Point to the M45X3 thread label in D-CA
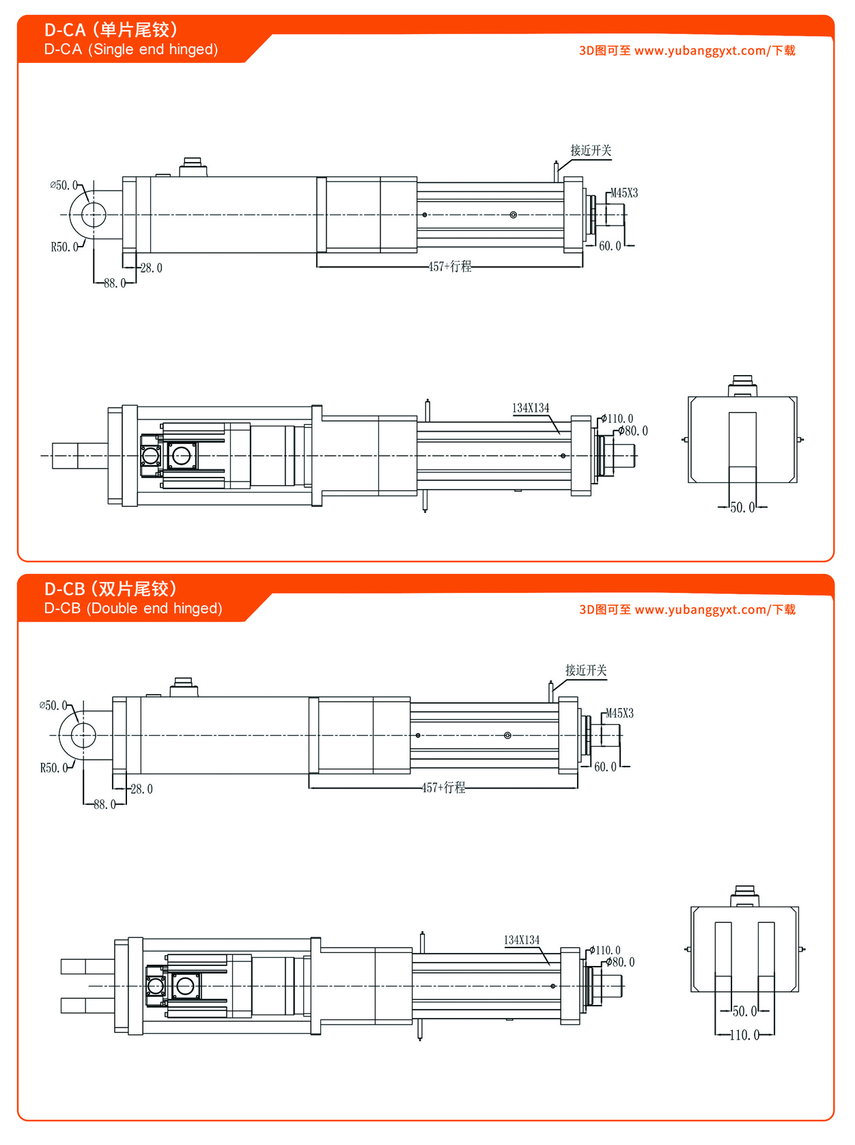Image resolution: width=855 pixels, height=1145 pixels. tap(624, 193)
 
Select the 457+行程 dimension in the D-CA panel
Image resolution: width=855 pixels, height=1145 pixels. tap(449, 266)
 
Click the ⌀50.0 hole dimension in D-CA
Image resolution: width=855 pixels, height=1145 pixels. tap(64, 185)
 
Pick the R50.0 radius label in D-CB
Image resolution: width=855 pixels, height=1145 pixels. tap(54, 768)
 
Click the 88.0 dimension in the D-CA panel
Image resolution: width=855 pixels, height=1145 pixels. tap(115, 283)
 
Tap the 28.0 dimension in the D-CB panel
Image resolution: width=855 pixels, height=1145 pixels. tap(141, 789)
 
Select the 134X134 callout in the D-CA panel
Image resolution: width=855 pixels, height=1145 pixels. tap(531, 408)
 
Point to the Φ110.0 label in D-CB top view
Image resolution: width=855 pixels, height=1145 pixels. tap(606, 950)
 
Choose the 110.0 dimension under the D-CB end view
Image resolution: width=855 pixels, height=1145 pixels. tap(744, 1035)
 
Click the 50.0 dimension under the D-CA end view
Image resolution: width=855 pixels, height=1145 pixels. tap(742, 508)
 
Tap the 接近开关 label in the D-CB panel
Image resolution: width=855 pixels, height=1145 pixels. tap(586, 670)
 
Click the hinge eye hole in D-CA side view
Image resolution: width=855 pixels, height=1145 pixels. tap(94, 215)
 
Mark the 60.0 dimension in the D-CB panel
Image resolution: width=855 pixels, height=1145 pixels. tap(605, 767)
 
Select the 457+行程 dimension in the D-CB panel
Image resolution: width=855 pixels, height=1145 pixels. tap(443, 788)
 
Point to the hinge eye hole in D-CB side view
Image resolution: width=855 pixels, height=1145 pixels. tap(83, 735)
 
